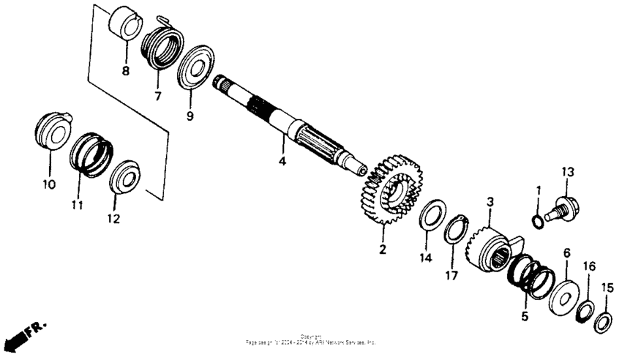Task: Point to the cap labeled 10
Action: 52,131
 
